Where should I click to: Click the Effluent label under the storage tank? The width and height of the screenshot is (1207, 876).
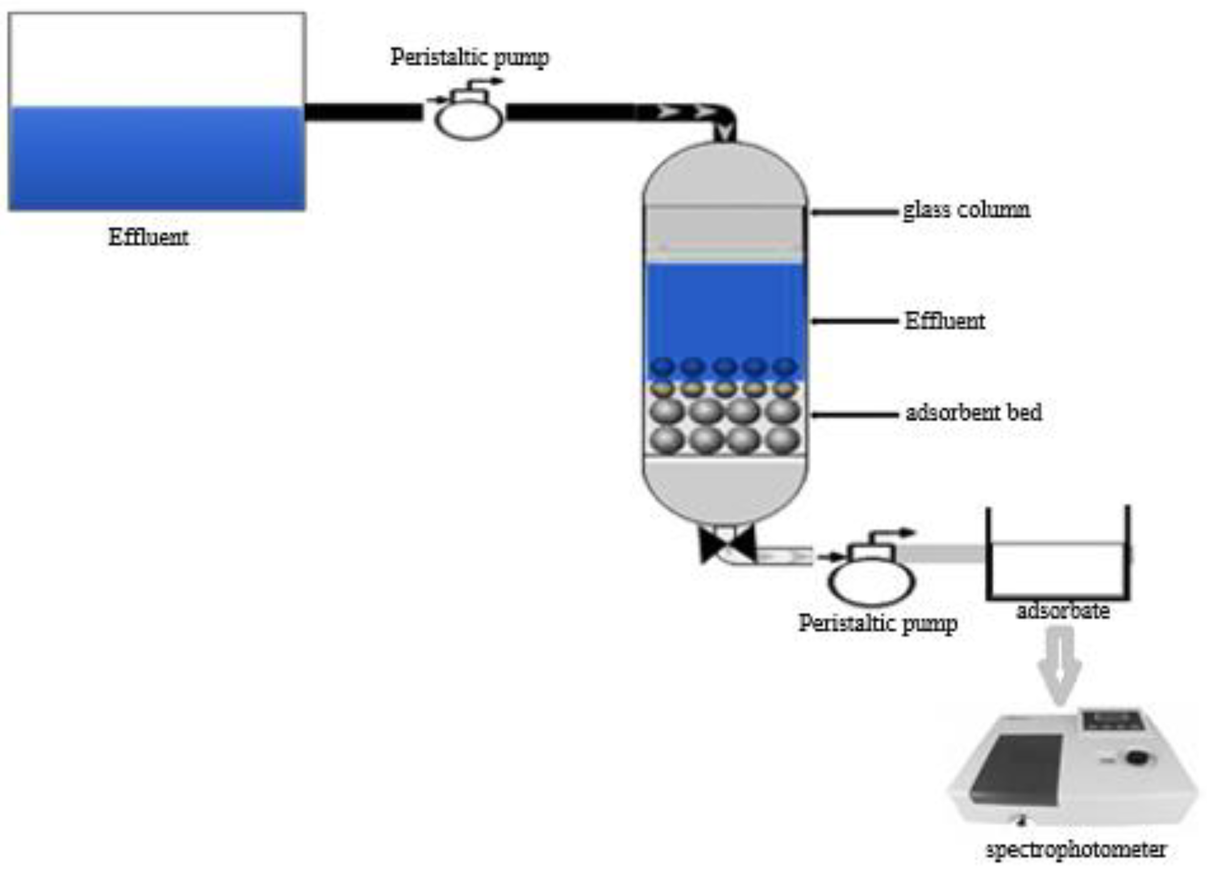149,237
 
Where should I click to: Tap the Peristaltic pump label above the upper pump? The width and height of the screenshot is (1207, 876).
470,58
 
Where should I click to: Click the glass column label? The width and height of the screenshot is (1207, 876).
966,210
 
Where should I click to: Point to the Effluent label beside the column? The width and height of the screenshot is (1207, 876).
945,321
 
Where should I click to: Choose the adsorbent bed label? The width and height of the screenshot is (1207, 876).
974,412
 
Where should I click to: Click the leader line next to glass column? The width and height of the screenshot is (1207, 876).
855,212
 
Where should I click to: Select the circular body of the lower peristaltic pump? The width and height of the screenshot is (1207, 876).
871,582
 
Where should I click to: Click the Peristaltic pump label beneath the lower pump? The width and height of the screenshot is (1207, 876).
878,624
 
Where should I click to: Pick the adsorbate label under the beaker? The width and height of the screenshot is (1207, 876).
1063,611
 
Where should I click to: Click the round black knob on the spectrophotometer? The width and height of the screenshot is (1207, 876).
1135,758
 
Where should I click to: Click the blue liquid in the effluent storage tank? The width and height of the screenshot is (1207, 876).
157,158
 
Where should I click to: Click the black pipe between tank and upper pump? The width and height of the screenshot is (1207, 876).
364,112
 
